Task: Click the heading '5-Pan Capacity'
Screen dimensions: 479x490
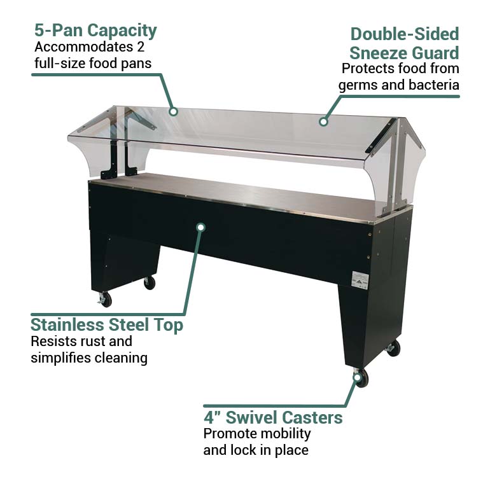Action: point(95,30)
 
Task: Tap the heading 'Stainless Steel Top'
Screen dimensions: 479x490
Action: point(107,325)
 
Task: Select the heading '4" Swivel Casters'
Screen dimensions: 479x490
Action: point(273,418)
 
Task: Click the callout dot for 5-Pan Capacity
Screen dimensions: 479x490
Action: point(173,111)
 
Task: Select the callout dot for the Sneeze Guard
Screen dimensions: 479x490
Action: point(323,121)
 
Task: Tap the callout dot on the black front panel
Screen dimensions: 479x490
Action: point(200,226)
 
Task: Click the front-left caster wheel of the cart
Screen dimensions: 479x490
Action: point(105,300)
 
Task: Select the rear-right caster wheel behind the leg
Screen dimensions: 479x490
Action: point(394,348)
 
